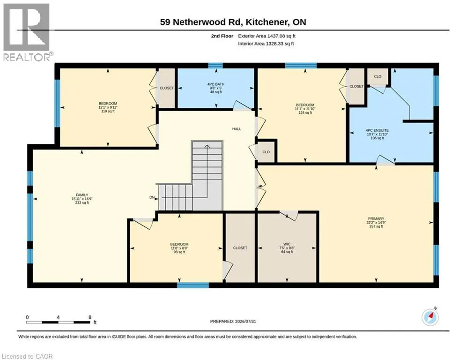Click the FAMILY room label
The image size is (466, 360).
point(82,195)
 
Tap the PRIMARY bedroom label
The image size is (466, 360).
point(376,219)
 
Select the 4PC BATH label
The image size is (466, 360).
point(216,84)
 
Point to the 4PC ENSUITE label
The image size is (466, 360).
point(377,130)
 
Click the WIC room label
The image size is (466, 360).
point(287,244)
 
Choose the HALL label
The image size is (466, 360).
point(237,129)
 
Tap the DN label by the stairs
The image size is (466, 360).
point(152,197)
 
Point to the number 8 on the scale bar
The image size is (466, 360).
point(90,317)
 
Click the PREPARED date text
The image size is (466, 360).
point(233,321)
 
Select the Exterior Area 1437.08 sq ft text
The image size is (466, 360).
point(266,36)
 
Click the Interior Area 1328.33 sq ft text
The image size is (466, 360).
point(266,44)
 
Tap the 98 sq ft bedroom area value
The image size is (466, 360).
point(179,252)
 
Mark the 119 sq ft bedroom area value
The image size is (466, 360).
point(108,111)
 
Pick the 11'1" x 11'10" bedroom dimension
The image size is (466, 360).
point(305,109)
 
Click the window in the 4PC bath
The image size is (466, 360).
point(215,66)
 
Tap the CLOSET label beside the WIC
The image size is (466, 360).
point(240,248)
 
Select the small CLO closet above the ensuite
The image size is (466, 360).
point(377,76)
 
